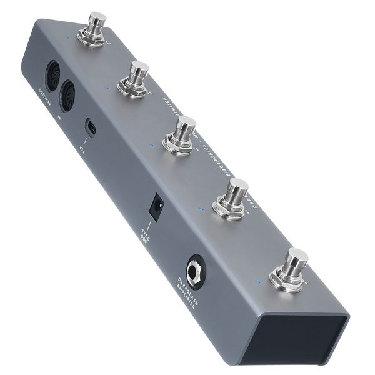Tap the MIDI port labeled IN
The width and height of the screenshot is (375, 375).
[x=67, y=97]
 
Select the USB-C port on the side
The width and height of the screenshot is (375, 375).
[x=91, y=127]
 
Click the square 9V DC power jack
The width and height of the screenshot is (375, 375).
[x=157, y=206]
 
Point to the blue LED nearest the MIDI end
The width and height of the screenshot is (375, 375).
[x=66, y=37]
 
